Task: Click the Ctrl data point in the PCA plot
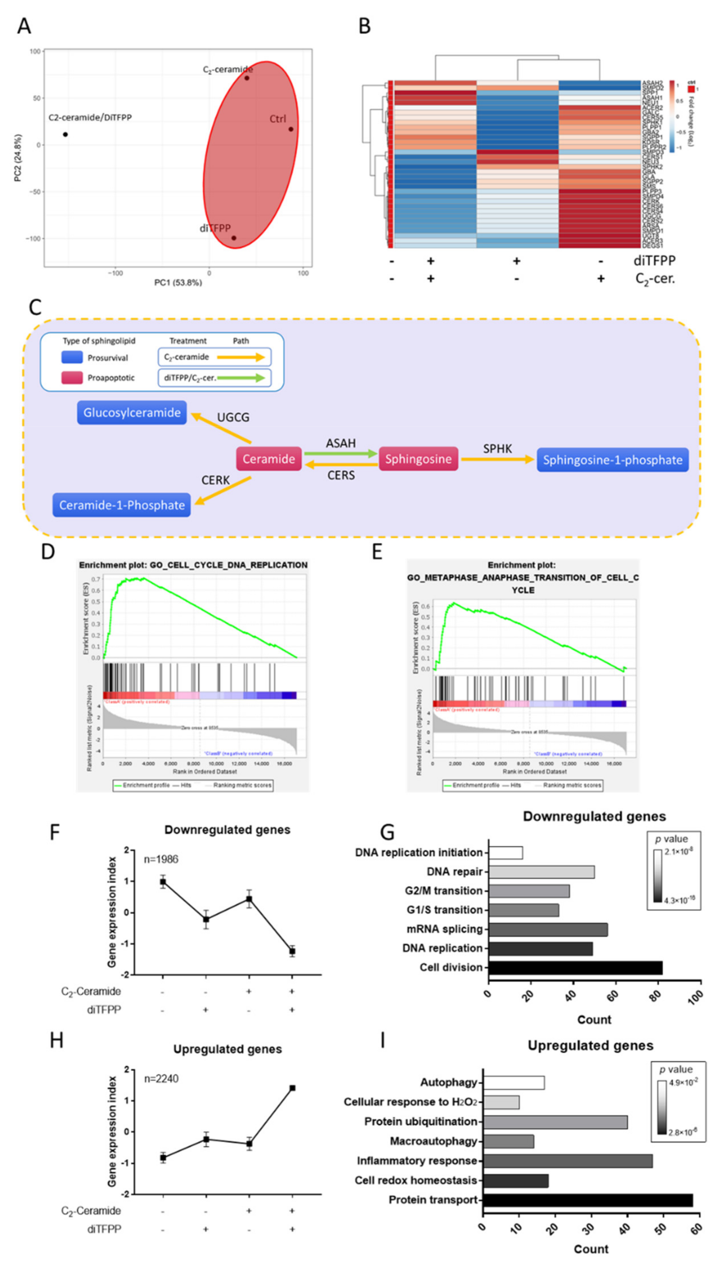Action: pos(291,129)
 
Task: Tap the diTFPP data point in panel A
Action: pos(233,238)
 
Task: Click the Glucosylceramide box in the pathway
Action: pos(132,413)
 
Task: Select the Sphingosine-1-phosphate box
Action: pos(612,460)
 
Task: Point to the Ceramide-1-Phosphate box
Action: pos(122,505)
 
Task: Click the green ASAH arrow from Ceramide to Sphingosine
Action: pos(340,453)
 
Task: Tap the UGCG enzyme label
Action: pos(233,417)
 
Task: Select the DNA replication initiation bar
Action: pos(505,852)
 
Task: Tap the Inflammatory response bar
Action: pos(568,1161)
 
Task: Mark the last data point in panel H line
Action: pos(292,1088)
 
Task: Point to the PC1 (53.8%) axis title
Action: pos(178,282)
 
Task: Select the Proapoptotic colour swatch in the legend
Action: pos(72,377)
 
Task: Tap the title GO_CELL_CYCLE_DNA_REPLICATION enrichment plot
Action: pos(193,565)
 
